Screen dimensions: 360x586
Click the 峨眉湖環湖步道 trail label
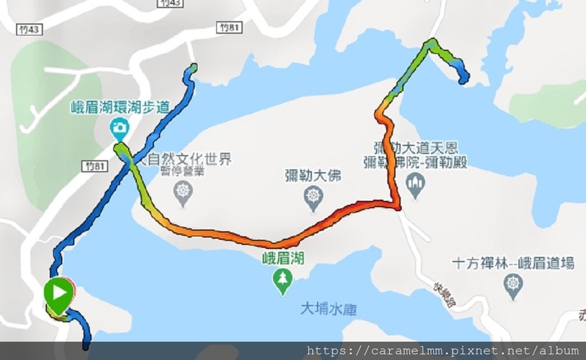[120, 107]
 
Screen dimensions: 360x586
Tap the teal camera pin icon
[120, 128]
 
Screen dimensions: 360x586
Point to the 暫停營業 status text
[183, 172]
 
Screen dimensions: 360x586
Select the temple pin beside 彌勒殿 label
[415, 183]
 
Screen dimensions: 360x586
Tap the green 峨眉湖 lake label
[283, 259]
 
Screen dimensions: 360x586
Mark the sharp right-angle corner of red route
[398, 206]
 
